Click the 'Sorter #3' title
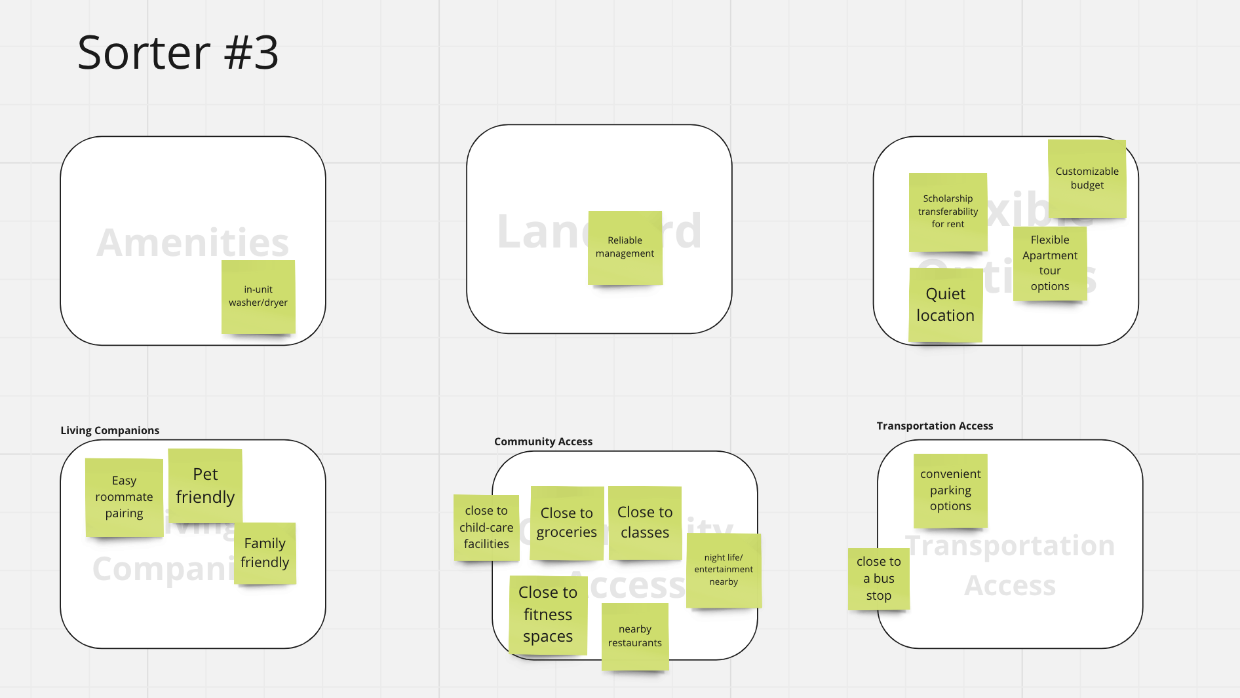pyautogui.click(x=178, y=52)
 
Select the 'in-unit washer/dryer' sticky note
pyautogui.click(x=258, y=296)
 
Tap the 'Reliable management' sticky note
pyautogui.click(x=625, y=248)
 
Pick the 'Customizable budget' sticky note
pyautogui.click(x=1087, y=178)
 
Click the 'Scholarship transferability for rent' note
pyautogui.click(x=948, y=211)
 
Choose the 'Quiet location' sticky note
pyautogui.click(x=945, y=305)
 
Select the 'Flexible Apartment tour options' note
pyautogui.click(x=1049, y=263)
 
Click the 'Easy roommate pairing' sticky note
pyautogui.click(x=124, y=497)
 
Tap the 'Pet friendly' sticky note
pyautogui.click(x=205, y=485)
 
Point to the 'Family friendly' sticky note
pyautogui.click(x=265, y=553)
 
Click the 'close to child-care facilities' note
pyautogui.click(x=486, y=527)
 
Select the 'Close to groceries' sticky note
pyautogui.click(x=567, y=523)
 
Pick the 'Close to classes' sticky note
pyautogui.click(x=645, y=523)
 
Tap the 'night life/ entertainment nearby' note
pyautogui.click(x=724, y=570)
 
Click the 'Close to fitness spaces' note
pyautogui.click(x=548, y=614)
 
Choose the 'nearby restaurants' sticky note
pyautogui.click(x=634, y=636)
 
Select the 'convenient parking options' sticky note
pyautogui.click(x=950, y=490)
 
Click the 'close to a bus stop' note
pyautogui.click(x=878, y=579)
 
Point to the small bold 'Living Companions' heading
pyautogui.click(x=110, y=430)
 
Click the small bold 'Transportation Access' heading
pyautogui.click(x=935, y=426)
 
